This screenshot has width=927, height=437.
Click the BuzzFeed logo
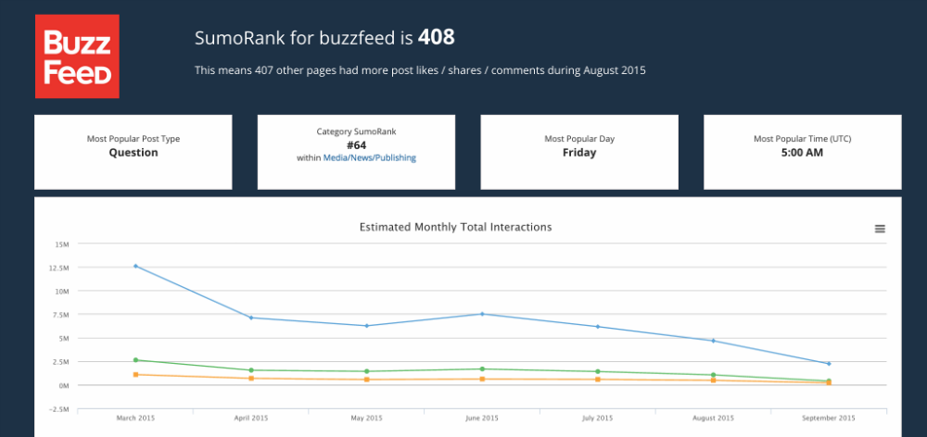pyautogui.click(x=77, y=56)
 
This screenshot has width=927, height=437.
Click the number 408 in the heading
pyautogui.click(x=436, y=38)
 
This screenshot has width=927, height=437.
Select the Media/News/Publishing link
pyautogui.click(x=369, y=158)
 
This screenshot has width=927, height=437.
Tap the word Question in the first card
pyautogui.click(x=133, y=153)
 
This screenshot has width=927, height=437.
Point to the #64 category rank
pyautogui.click(x=356, y=144)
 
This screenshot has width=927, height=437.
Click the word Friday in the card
pyautogui.click(x=579, y=153)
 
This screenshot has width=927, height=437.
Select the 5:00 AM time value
pyautogui.click(x=802, y=153)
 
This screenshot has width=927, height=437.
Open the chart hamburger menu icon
pyautogui.click(x=880, y=229)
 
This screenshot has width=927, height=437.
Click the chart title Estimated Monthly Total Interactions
pyautogui.click(x=455, y=227)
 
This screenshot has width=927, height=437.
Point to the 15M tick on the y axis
pyautogui.click(x=62, y=244)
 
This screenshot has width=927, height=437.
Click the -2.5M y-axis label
pyautogui.click(x=59, y=408)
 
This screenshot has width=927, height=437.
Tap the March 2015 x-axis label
pyautogui.click(x=136, y=418)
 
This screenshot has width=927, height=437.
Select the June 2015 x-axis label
pyautogui.click(x=482, y=418)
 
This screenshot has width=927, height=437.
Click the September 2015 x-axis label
pyautogui.click(x=828, y=418)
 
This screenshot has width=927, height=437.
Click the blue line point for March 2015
pyautogui.click(x=136, y=266)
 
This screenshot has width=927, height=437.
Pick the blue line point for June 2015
pyautogui.click(x=482, y=314)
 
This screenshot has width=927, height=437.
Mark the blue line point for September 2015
pyautogui.click(x=828, y=364)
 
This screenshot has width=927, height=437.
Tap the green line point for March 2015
pyautogui.click(x=136, y=360)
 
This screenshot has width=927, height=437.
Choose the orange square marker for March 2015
pyautogui.click(x=136, y=375)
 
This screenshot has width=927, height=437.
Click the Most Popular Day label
pyautogui.click(x=579, y=139)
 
